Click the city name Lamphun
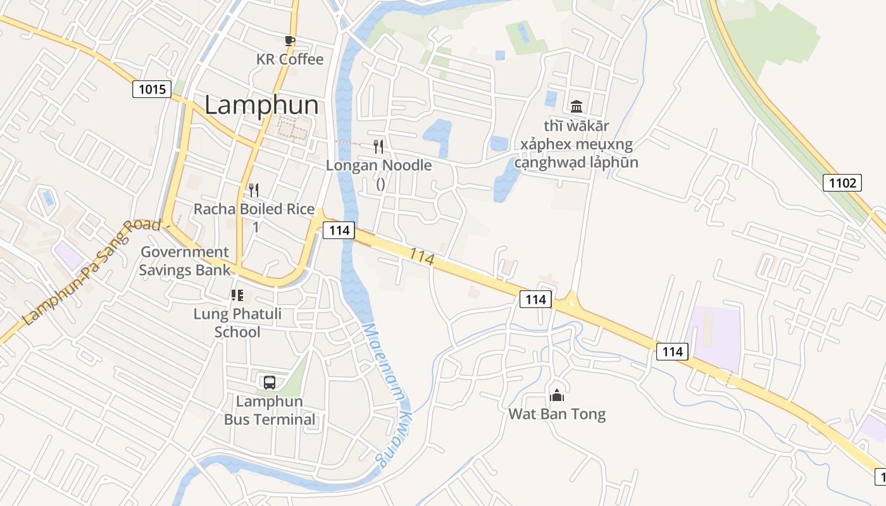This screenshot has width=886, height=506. [261, 105]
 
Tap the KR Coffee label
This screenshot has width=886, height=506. [290, 59]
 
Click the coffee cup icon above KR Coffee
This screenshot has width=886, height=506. [290, 41]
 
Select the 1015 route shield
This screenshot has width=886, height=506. [152, 89]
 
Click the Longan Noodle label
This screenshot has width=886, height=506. [378, 166]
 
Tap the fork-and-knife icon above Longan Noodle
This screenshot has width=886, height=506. [378, 147]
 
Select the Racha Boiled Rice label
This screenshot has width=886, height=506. [254, 209]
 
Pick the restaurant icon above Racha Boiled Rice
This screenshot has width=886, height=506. [254, 190]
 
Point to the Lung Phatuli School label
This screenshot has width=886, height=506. [237, 323]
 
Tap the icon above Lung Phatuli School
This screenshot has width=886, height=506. [237, 295]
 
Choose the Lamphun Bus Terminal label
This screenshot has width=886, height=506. [270, 410]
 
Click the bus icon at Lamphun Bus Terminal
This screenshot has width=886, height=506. [270, 382]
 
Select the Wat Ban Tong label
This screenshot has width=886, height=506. [557, 414]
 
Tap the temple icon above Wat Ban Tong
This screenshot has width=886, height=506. [557, 395]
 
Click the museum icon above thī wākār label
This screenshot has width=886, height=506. [576, 106]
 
